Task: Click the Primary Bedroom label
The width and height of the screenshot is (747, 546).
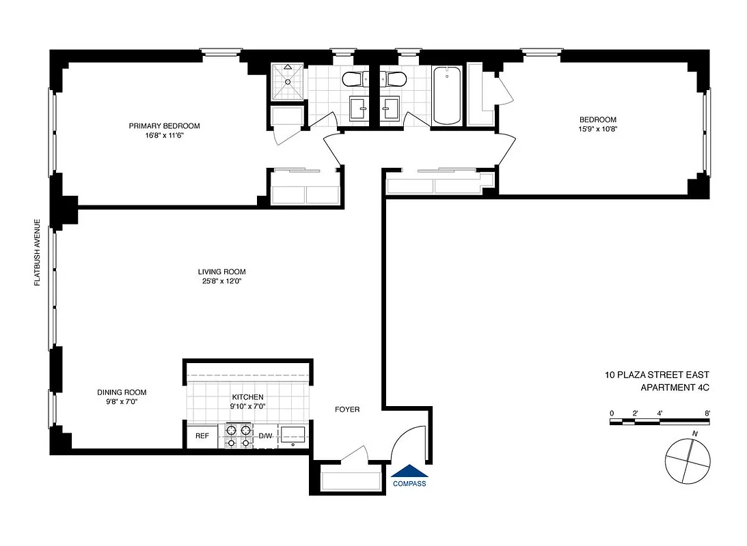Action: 164,126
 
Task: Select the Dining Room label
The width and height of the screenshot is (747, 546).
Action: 122,392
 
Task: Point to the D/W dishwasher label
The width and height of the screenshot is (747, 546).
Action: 265,436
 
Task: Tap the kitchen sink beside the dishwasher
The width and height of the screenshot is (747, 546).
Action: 294,435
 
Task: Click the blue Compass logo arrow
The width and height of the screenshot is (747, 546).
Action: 409,471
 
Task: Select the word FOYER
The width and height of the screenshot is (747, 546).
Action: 347,409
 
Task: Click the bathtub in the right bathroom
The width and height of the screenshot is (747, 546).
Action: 447,96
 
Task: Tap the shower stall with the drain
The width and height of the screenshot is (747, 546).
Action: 288,81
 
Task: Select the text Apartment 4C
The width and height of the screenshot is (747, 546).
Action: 675,388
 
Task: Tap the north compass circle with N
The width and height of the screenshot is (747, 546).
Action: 690,460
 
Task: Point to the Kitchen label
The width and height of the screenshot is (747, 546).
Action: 247,397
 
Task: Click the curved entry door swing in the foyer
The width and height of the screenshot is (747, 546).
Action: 409,441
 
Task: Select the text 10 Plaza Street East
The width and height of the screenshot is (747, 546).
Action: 657,375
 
